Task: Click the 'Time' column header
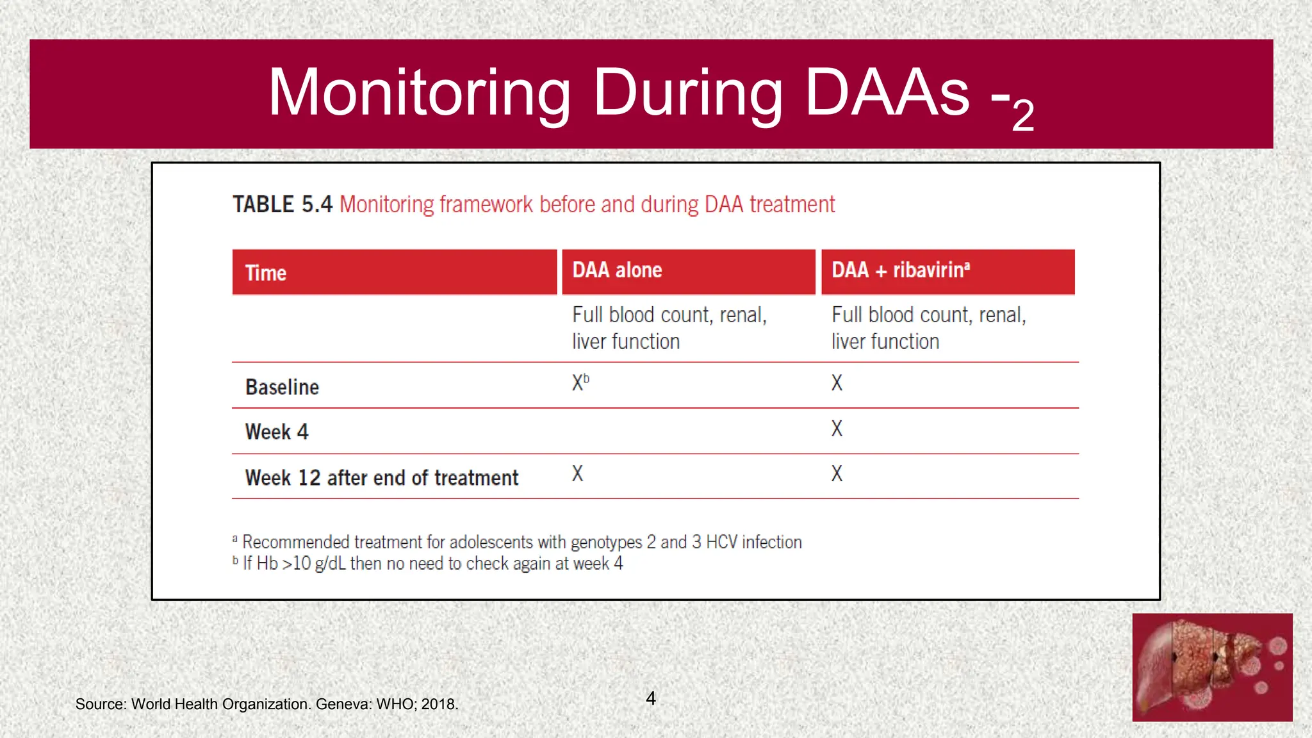pos(266,273)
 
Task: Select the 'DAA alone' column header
pos(617,270)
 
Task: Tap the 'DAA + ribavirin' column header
pos(900,270)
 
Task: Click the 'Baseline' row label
pos(282,387)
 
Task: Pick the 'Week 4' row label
pos(277,432)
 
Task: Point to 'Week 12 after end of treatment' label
pos(382,478)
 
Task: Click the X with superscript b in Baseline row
pos(580,382)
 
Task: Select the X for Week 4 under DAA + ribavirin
pos(837,429)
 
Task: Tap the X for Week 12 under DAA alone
pos(577,474)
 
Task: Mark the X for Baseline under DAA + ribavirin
pos(837,383)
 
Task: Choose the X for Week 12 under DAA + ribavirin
pos(837,474)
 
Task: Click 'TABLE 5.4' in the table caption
pos(283,204)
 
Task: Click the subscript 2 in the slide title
pos(1023,116)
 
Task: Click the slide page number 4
pos(651,698)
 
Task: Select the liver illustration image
pos(1212,668)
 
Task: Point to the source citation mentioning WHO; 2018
pos(266,704)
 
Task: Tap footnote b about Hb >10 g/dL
pos(428,564)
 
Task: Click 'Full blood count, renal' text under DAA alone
pos(669,315)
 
